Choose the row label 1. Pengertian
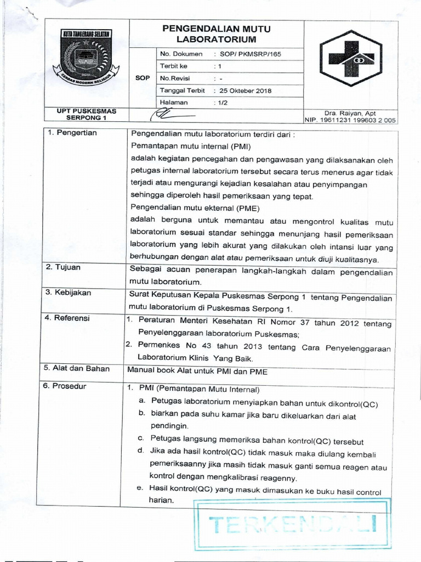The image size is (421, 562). point(71,133)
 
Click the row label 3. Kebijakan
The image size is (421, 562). point(68,293)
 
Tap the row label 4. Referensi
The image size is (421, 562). point(67,318)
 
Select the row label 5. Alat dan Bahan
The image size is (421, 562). point(77,369)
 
